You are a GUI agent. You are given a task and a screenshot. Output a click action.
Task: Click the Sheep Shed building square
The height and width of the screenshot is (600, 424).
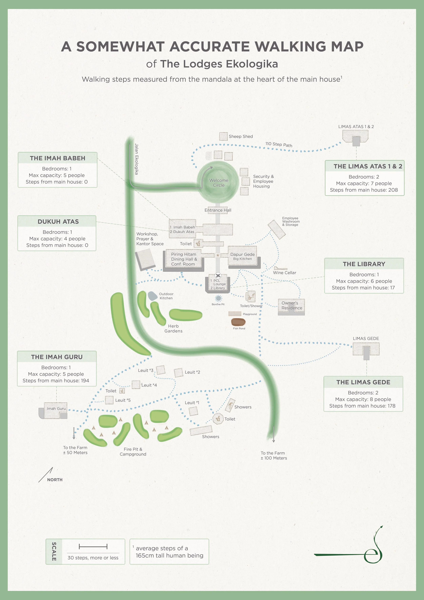coord(223,136)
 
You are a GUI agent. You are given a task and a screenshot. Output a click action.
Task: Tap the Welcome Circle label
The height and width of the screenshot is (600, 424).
coord(219,183)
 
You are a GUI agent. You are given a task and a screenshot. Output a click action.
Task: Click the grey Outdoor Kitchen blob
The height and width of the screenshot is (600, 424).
coord(153,296)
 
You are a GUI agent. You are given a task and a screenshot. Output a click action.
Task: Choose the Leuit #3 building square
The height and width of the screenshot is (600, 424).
coord(160,370)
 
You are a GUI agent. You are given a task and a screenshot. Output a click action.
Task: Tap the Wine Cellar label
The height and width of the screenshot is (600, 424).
coord(284,273)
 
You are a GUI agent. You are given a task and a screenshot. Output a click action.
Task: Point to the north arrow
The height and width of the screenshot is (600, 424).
coord(46,474)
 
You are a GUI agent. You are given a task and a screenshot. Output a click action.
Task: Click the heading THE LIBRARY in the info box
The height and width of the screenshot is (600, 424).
coord(364,264)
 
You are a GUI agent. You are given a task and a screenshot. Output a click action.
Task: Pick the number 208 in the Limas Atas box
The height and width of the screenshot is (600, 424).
coord(393,190)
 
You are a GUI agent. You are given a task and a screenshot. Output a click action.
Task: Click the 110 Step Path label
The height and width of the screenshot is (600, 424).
coord(279,144)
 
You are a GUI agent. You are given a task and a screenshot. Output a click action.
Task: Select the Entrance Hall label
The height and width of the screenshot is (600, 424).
coord(218,210)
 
